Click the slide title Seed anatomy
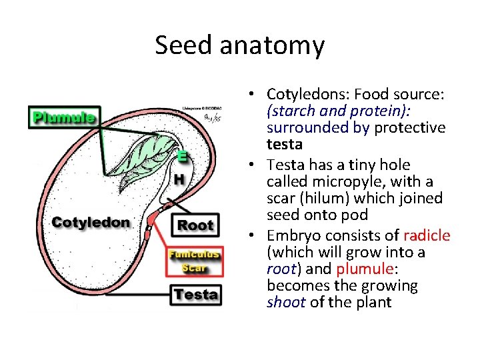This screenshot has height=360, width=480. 240,45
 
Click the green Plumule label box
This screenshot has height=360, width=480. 64,118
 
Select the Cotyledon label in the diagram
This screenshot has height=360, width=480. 91,223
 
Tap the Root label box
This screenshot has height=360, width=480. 195,225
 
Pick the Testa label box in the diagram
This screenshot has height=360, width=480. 195,294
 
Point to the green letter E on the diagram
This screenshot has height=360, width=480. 182,157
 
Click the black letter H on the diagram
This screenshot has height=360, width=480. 179,179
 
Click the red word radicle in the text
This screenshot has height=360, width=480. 427,235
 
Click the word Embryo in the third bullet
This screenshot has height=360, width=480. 291,235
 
